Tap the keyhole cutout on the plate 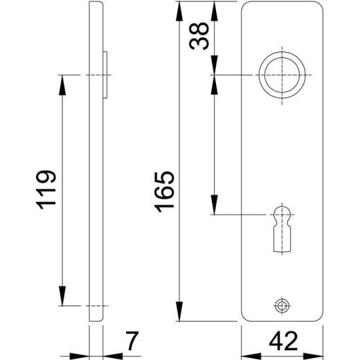pyautogui.click(x=281, y=225)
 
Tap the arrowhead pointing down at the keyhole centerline pyautogui.click(x=215, y=207)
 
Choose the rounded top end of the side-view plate pyautogui.click(x=96, y=6)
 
